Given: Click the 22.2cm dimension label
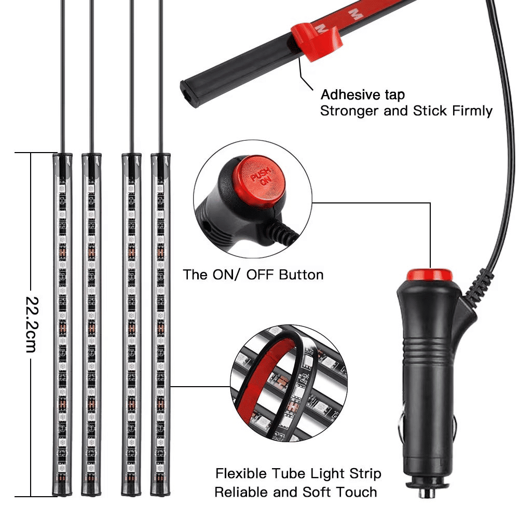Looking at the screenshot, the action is pyautogui.click(x=32, y=324).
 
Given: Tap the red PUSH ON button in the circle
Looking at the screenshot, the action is pyautogui.click(x=262, y=179).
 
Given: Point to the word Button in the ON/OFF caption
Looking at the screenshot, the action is pyautogui.click(x=301, y=275).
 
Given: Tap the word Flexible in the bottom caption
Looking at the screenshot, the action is pyautogui.click(x=241, y=473).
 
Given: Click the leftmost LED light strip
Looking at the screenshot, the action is pyautogui.click(x=62, y=324).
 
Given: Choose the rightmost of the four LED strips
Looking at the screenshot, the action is pyautogui.click(x=160, y=324).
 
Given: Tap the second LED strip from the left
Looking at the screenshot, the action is pyautogui.click(x=91, y=324).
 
